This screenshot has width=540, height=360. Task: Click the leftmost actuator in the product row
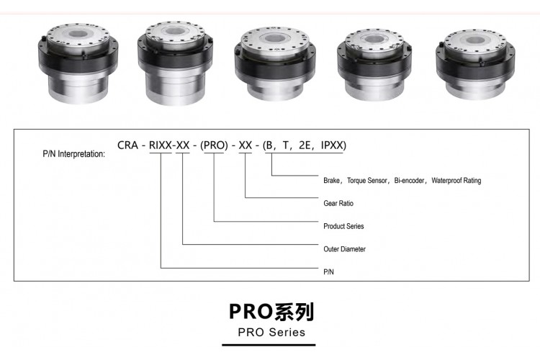(78, 63)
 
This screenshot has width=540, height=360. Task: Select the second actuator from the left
(175, 63)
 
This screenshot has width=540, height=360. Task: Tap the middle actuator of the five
(275, 64)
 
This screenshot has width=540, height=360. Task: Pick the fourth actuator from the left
(374, 65)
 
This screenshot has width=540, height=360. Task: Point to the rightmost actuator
(475, 65)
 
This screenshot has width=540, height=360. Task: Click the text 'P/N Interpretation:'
(74, 153)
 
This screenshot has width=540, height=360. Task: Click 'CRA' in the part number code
(127, 145)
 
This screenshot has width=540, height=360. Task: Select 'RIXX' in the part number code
(160, 145)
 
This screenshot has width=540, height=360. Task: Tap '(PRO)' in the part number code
(214, 145)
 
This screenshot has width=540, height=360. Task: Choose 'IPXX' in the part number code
(333, 145)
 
